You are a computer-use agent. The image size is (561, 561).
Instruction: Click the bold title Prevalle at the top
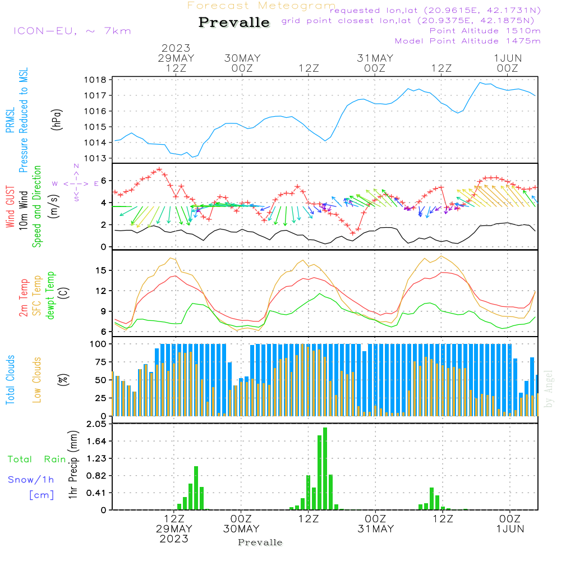click(234, 22)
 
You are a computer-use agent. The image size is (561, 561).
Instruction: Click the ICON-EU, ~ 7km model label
click(72, 31)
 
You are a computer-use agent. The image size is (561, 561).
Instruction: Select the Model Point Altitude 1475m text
click(467, 41)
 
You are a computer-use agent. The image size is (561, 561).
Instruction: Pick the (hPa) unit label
click(57, 119)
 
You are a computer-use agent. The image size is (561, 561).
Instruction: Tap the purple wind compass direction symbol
click(76, 183)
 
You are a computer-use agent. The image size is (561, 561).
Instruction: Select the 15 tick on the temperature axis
click(101, 270)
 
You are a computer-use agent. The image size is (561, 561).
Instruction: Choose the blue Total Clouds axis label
click(10, 380)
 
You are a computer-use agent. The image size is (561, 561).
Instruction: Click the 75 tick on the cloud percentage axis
click(100, 362)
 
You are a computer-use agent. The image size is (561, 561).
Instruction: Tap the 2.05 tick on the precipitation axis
click(95, 425)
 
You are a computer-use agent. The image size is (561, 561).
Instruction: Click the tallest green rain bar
click(325, 468)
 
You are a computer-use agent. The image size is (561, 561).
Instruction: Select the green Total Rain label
click(37, 459)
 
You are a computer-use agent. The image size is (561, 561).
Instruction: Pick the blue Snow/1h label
click(31, 480)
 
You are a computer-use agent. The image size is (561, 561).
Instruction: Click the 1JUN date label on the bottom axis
click(509, 529)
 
